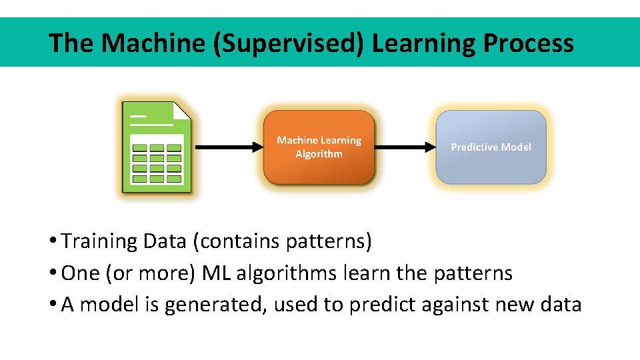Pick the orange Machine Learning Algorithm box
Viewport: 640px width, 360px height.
[319, 147]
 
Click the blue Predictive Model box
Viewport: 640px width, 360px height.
[491, 147]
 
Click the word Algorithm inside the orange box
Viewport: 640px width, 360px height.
[319, 154]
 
